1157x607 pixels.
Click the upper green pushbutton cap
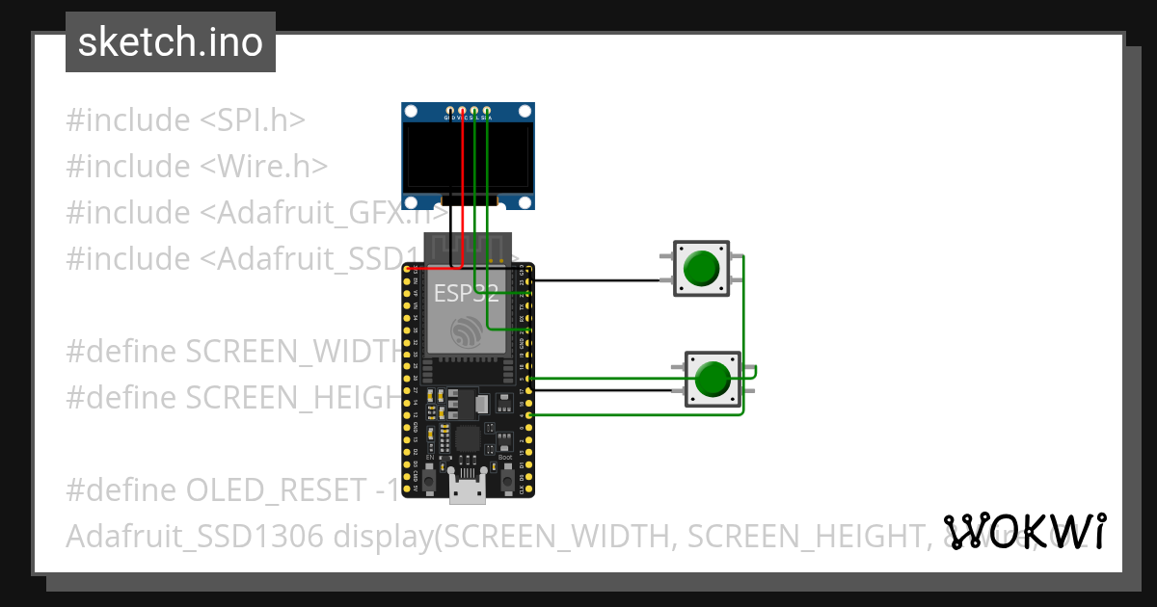point(701,268)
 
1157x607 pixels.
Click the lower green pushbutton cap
point(713,379)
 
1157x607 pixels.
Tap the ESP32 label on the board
point(466,293)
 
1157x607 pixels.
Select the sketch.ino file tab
point(171,42)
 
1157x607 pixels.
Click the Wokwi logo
point(1025,531)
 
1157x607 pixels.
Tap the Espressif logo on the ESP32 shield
point(468,331)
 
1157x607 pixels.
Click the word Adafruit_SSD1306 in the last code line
point(196,537)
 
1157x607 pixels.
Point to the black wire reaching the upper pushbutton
point(598,280)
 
